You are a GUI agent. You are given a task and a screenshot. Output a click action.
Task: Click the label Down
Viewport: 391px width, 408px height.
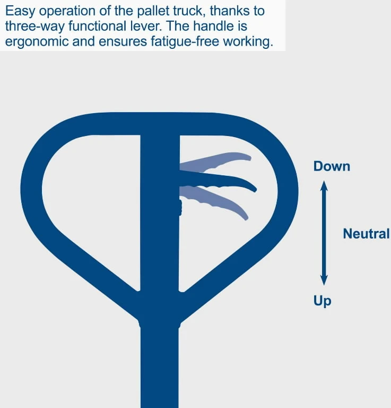click(332, 166)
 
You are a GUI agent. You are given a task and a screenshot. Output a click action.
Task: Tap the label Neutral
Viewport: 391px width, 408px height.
click(366, 234)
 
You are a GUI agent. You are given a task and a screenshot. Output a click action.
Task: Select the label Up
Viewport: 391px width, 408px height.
click(322, 301)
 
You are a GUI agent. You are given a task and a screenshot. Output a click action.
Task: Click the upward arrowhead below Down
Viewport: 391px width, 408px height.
click(324, 186)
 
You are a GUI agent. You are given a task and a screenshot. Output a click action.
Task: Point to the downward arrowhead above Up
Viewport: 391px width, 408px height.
click(324, 280)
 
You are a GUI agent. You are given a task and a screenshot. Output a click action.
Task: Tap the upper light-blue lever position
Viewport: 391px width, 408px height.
click(215, 161)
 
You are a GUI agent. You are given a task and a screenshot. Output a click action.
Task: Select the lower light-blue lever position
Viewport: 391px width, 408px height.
click(215, 200)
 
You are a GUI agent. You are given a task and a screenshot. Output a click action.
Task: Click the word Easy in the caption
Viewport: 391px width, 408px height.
click(20, 12)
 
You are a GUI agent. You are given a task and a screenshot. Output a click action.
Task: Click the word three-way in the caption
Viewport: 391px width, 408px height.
click(36, 27)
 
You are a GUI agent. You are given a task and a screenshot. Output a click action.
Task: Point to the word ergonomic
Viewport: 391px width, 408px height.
click(37, 42)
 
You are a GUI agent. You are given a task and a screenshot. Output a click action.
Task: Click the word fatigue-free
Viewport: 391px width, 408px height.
click(185, 41)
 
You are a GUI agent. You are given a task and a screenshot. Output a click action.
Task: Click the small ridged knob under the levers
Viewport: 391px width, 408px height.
click(180, 207)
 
